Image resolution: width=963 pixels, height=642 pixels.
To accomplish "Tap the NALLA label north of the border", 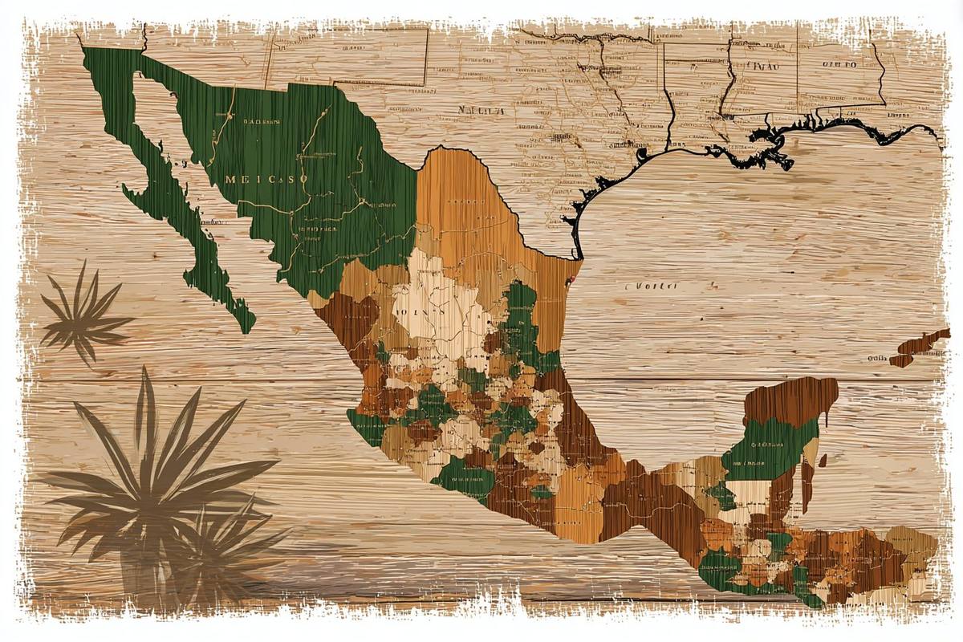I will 481,111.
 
